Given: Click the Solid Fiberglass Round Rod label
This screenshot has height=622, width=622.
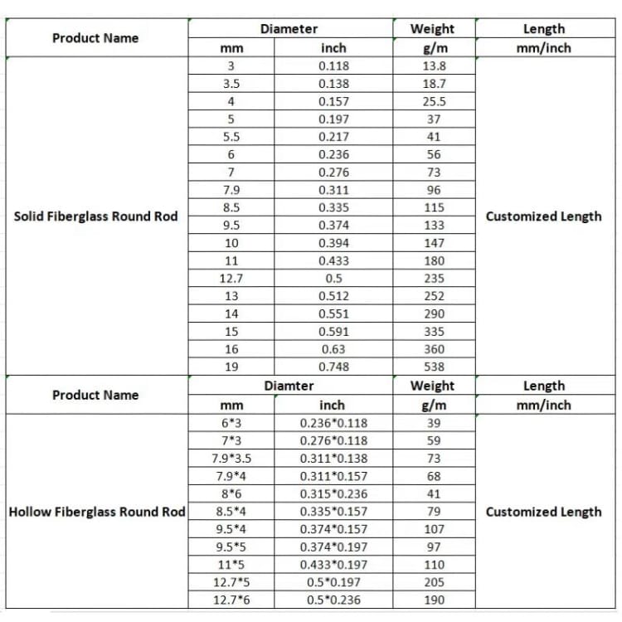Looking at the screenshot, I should tap(96, 216).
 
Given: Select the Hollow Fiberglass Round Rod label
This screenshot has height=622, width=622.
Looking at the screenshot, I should tap(97, 512).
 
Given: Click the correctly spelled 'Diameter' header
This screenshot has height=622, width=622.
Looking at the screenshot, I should tap(289, 29).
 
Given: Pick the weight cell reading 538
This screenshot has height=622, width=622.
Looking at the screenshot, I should tap(434, 367).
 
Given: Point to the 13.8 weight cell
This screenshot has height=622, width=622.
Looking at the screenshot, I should tap(434, 66).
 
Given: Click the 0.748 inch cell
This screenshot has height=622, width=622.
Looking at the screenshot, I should tap(333, 367).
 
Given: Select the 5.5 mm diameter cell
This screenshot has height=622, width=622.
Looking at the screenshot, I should tap(231, 137).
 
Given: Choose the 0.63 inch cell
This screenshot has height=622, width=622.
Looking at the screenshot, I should tap(333, 349).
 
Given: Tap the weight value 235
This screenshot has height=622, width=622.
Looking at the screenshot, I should tap(434, 279).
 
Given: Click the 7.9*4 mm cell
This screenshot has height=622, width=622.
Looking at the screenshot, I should tap(231, 476).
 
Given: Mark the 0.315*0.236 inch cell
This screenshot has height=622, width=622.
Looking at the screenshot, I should tap(333, 493).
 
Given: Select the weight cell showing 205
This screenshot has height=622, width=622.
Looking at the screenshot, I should tap(434, 582).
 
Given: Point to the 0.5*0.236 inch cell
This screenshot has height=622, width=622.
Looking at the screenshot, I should tap(333, 600).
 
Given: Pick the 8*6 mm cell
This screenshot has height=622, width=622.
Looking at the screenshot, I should tap(231, 493).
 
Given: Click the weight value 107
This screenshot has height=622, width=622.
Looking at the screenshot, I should tap(434, 529).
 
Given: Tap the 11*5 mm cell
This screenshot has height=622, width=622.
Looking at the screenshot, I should tap(231, 565).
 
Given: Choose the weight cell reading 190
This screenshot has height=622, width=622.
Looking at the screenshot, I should tap(434, 600).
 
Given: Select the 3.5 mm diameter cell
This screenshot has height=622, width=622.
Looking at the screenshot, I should tap(231, 84).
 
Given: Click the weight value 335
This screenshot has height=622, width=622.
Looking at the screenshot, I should tap(434, 332).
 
